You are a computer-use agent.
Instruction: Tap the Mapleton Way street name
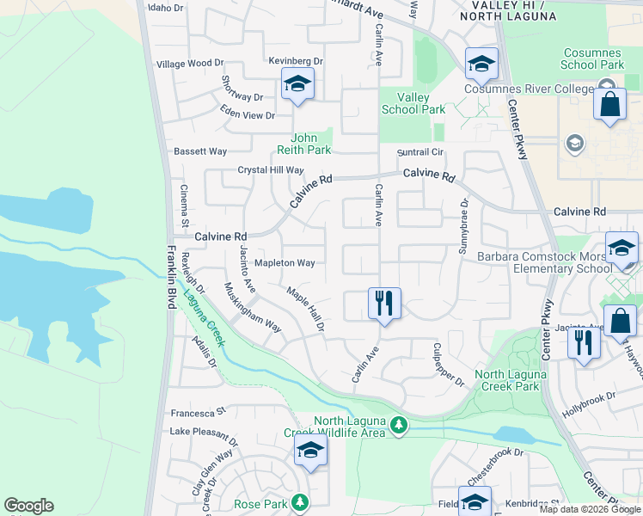tap(285, 262)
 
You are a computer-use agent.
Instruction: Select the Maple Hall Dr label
tap(306, 309)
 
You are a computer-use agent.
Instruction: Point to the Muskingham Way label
tap(253, 307)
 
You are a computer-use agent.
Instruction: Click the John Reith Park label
tap(310, 144)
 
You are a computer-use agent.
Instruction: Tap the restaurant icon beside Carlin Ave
tap(383, 303)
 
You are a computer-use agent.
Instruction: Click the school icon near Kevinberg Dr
tap(297, 83)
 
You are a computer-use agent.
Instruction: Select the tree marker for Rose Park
tap(300, 501)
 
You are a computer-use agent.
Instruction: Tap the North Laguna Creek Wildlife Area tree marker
tap(398, 425)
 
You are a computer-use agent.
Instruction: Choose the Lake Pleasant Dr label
tap(203, 431)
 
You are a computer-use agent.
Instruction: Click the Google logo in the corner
tap(28, 506)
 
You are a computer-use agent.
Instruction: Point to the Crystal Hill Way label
tap(271, 170)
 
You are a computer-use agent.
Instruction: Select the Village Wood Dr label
tap(189, 64)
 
